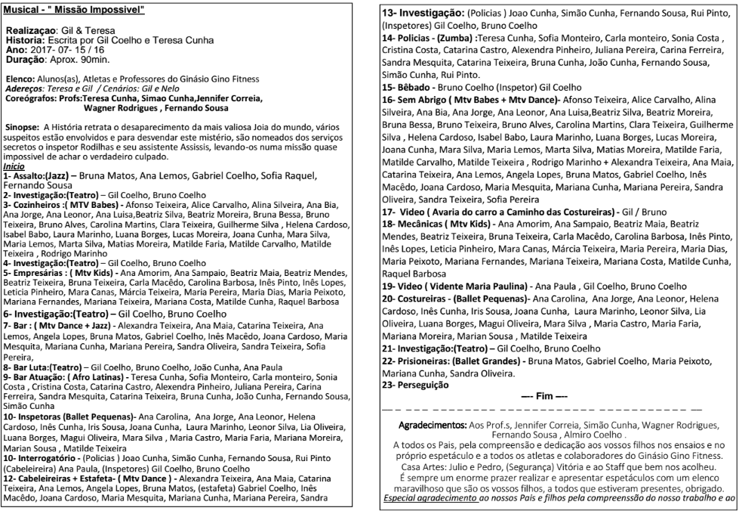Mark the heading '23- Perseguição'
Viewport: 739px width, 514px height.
pyautogui.click(x=416, y=385)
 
